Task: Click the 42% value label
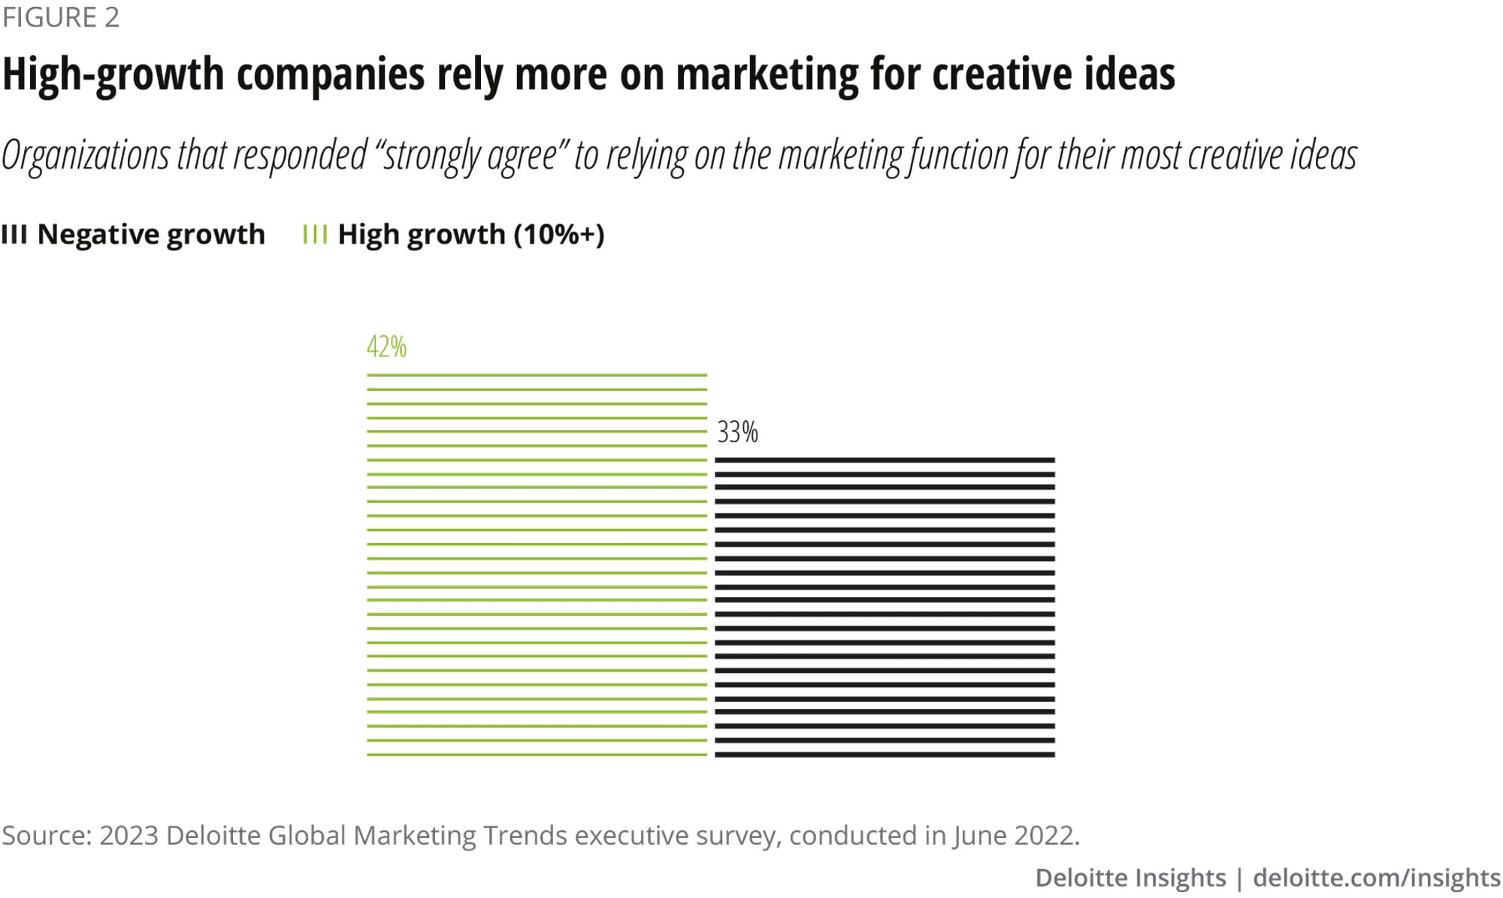click(x=386, y=347)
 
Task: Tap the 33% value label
click(x=737, y=432)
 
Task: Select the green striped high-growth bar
click(x=537, y=564)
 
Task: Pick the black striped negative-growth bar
click(x=885, y=606)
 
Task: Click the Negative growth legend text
click(x=151, y=235)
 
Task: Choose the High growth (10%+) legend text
click(x=471, y=235)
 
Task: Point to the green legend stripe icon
click(x=314, y=235)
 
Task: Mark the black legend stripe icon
click(x=14, y=235)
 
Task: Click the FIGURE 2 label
click(x=60, y=17)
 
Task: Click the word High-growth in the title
click(x=113, y=74)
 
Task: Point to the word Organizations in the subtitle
click(x=86, y=156)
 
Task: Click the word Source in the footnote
click(x=45, y=836)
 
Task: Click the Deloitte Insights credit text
click(x=1130, y=878)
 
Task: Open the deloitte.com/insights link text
click(x=1377, y=878)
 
